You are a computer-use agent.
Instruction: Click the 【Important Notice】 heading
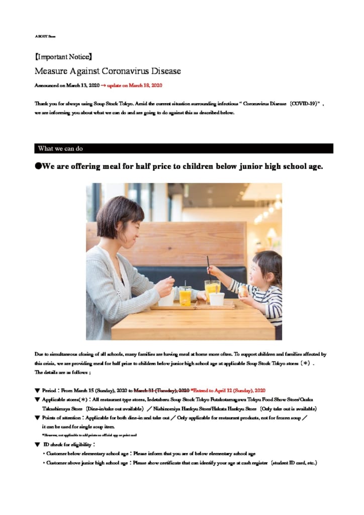click(x=63, y=57)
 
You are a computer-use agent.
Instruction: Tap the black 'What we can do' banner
click(x=184, y=148)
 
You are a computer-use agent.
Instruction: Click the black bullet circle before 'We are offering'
click(x=38, y=166)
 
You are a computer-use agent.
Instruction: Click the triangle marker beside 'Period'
click(x=37, y=390)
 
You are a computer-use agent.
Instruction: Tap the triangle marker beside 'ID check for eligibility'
click(x=37, y=445)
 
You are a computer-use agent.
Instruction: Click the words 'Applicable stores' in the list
click(x=59, y=399)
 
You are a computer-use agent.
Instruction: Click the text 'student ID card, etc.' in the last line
click(x=294, y=463)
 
